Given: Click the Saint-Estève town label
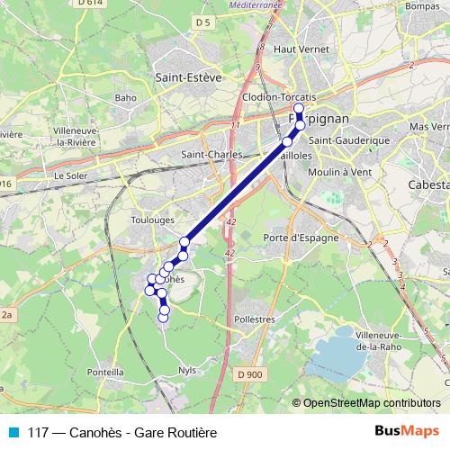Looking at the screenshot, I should [x=188, y=77].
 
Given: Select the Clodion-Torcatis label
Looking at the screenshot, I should [x=279, y=96].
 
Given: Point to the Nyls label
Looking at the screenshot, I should [x=187, y=369].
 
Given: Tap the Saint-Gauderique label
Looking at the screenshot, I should [x=347, y=140].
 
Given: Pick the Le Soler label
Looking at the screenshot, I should [x=69, y=175].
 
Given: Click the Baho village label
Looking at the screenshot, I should [x=125, y=97].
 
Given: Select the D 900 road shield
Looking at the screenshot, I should [x=251, y=373].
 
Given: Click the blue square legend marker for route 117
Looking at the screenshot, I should [x=13, y=432].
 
